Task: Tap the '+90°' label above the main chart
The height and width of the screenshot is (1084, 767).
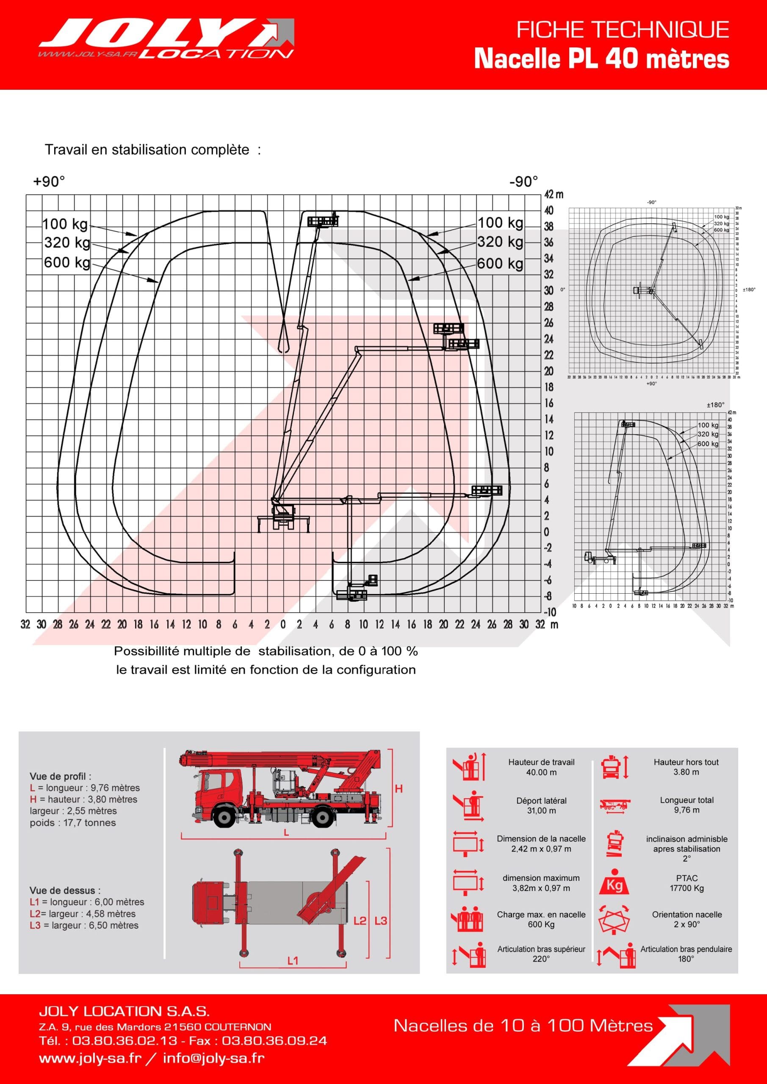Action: click(49, 182)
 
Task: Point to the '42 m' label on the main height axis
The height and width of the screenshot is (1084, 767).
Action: click(554, 194)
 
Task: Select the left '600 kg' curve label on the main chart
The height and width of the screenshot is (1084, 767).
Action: click(66, 263)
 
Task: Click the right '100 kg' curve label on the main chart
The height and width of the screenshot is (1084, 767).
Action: click(500, 223)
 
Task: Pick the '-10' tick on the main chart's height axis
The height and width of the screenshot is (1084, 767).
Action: click(550, 612)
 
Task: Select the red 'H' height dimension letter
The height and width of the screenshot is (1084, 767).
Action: click(399, 789)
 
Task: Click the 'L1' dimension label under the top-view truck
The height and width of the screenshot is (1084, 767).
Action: click(292, 961)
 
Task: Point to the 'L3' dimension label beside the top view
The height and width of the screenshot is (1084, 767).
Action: click(381, 921)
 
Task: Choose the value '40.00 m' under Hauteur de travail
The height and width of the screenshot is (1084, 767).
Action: click(541, 772)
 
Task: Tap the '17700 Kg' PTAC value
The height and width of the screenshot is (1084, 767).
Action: click(686, 888)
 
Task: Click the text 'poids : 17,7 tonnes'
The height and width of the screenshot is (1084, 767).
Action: click(73, 822)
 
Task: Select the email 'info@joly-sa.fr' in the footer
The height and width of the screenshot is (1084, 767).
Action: click(213, 1058)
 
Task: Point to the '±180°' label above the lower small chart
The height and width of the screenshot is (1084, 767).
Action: click(715, 405)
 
